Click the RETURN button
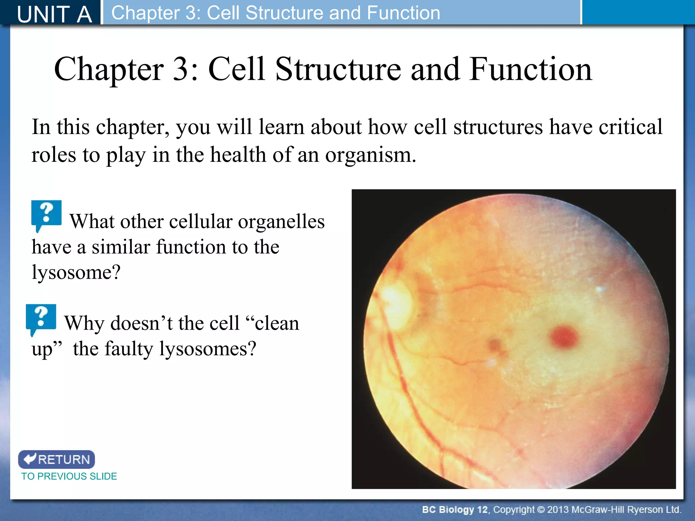[57, 459]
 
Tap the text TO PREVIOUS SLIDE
[69, 476]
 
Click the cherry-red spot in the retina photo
[564, 337]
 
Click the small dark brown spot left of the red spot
[495, 345]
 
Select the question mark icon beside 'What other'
[46, 214]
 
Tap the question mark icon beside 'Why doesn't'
[41, 317]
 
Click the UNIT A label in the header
[54, 14]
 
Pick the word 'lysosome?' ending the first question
[76, 272]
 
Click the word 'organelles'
[281, 222]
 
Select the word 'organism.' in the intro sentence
[370, 155]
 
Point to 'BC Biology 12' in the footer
[454, 510]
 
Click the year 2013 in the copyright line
[558, 510]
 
